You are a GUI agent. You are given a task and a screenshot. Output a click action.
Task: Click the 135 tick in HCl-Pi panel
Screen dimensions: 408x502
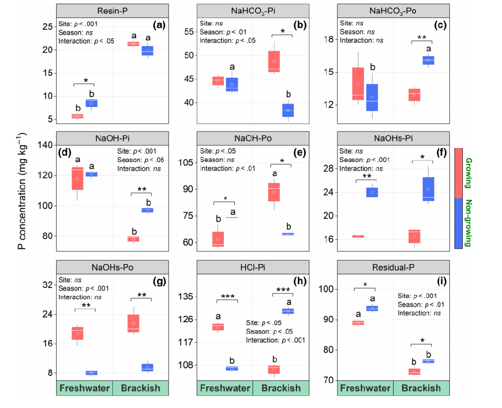tap(185, 297)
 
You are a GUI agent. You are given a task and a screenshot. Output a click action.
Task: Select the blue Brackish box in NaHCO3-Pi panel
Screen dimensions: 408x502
tap(288, 110)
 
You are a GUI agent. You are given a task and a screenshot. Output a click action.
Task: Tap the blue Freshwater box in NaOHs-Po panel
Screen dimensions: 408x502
tap(91, 373)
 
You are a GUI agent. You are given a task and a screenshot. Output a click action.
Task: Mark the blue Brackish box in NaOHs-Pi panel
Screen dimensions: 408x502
tap(428, 189)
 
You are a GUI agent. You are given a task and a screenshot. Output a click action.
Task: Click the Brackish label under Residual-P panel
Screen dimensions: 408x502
tap(421, 388)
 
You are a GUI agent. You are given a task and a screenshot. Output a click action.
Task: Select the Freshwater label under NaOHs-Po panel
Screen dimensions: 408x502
tap(84, 388)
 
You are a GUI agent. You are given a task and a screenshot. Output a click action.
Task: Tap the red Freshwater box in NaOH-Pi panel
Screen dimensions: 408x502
tap(77, 178)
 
